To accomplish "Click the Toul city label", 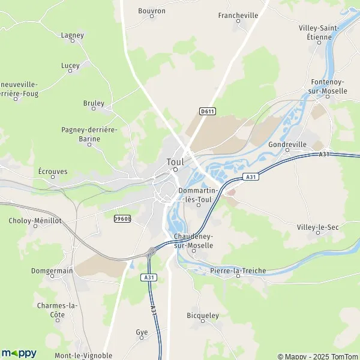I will point(175,161).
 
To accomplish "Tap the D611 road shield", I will point(207,111).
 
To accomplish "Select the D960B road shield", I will point(122,219).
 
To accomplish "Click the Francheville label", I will point(238,16).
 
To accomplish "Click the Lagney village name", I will point(73,35).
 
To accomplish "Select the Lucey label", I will point(70,65).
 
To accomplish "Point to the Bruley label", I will point(94,103).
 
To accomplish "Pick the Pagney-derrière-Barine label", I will point(89,134).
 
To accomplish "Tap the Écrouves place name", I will point(53,171).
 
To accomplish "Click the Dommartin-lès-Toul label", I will point(196,195).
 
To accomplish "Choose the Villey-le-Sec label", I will point(317,227).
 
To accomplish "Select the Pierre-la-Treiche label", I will point(238,271).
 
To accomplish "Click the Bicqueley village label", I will point(203,315).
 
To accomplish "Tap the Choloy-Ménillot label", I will point(35,221).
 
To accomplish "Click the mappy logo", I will point(19,353).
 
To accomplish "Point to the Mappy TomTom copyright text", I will point(317,355).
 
